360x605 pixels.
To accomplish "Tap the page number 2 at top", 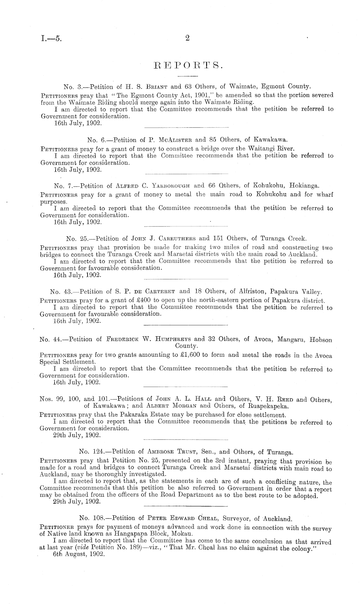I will pos(187,38).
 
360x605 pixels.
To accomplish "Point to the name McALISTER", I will pos(175,140).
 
